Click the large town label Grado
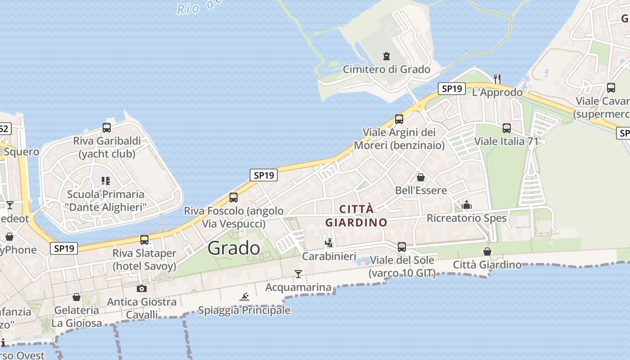pos(234,248)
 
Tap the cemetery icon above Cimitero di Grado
pos(386,56)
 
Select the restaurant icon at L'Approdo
pos(497,79)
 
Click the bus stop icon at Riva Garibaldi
pos(107,127)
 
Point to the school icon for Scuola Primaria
pos(106,181)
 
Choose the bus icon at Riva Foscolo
pos(234,197)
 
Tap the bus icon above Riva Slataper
pos(144,240)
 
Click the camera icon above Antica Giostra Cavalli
pos(142,288)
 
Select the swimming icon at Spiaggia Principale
pos(244,297)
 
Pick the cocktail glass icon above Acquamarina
pos(298,274)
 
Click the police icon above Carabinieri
pos(329,243)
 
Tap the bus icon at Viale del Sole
pos(402,247)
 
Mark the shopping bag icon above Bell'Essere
pos(421,177)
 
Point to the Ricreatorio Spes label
pos(467,218)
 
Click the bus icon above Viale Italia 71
pos(507,128)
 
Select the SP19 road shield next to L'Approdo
pos(452,89)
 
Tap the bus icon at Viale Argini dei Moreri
pos(399,119)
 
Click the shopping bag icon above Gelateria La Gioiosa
pos(76,297)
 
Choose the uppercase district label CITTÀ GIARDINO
pos(356,216)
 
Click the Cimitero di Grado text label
pos(387,69)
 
